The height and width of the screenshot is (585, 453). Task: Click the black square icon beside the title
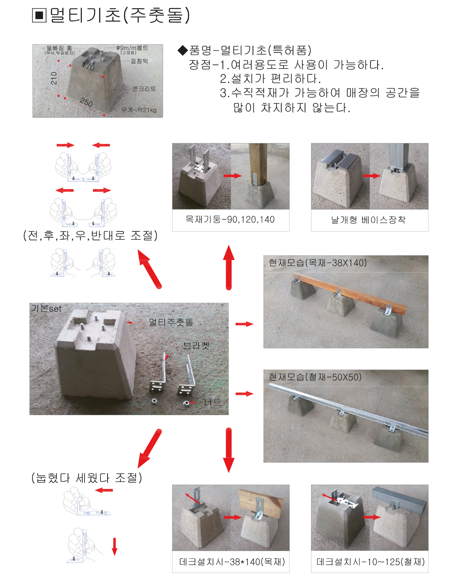(39, 15)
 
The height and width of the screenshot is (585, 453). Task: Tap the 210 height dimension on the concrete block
(54, 78)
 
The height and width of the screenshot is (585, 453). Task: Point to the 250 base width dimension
(86, 102)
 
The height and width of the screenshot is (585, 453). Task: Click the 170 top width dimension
(88, 66)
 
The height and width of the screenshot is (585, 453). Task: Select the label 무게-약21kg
(139, 110)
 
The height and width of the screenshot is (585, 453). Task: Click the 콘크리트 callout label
(144, 89)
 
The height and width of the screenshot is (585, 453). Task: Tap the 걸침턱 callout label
(139, 61)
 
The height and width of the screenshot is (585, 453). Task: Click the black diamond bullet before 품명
(183, 50)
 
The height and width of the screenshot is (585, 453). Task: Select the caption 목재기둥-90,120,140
(230, 219)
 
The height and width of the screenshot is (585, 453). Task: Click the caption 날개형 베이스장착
(368, 220)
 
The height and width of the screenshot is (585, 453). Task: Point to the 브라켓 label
(196, 345)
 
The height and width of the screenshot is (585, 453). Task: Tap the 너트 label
(213, 402)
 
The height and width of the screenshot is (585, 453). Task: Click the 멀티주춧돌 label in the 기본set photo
(171, 322)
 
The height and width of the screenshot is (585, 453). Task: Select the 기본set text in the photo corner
(46, 308)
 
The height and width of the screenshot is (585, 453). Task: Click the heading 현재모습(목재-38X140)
(317, 262)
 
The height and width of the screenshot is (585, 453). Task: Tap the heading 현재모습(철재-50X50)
(315, 377)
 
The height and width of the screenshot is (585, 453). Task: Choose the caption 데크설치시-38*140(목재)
(232, 562)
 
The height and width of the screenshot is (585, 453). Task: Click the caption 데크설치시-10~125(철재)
(370, 562)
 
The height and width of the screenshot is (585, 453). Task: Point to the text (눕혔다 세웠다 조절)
(87, 478)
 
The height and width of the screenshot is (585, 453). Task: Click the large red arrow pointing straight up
(228, 267)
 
